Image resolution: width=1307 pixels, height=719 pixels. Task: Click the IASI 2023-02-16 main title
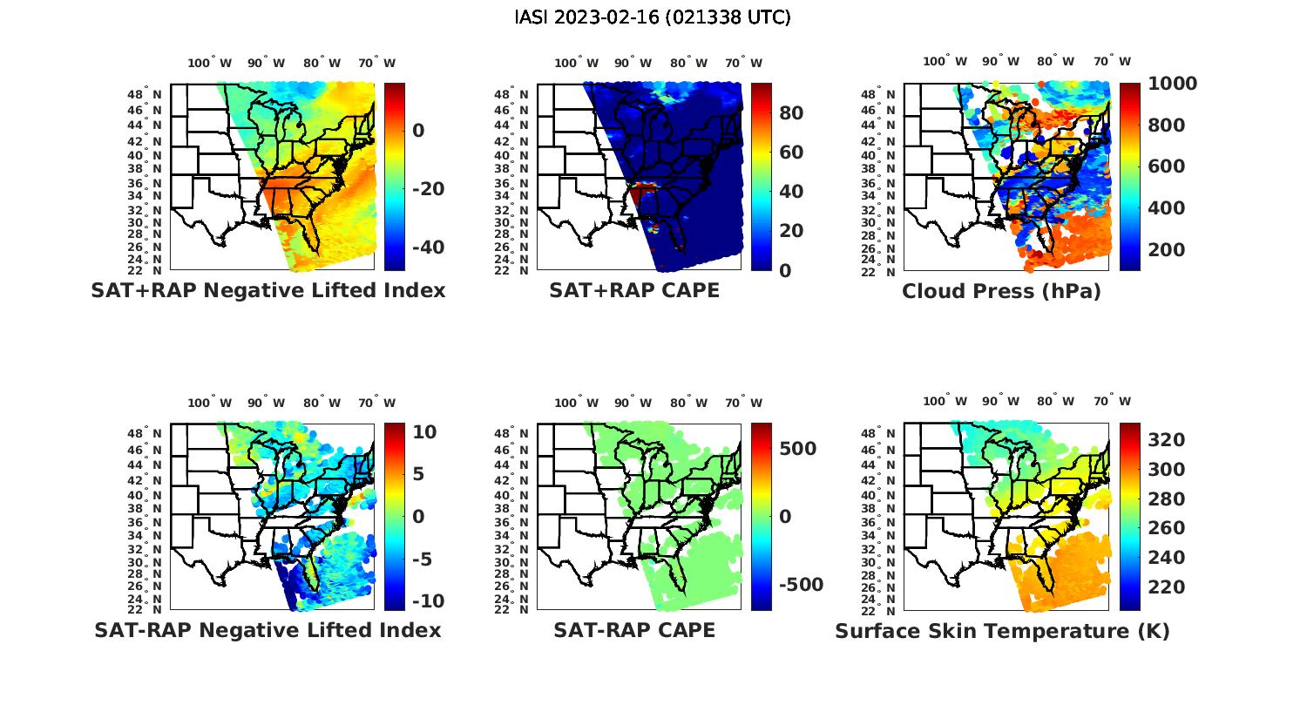point(653,17)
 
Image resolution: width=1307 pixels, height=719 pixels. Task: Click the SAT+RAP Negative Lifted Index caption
point(267,290)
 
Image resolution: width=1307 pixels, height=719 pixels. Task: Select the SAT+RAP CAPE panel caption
point(634,290)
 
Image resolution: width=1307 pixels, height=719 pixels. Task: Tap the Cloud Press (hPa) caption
point(1001,291)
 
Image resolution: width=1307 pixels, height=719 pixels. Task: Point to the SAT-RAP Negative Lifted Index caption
point(267,630)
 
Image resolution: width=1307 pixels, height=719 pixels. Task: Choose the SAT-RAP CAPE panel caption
point(634,630)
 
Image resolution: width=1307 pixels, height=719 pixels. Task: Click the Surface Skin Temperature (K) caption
point(1002,631)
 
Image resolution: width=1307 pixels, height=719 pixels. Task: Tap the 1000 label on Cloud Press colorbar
point(1172,84)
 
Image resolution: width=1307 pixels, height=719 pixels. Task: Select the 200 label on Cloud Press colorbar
point(1167,250)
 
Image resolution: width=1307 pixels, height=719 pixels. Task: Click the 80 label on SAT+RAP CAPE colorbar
point(791,113)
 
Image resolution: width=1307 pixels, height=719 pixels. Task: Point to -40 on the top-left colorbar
point(428,248)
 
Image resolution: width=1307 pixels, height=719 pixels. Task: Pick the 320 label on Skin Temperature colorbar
point(1167,440)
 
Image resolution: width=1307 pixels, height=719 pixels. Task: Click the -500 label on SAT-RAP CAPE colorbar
point(800,585)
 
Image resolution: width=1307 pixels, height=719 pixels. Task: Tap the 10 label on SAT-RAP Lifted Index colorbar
point(424,432)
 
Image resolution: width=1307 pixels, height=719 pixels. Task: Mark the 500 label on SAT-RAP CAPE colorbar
point(797,449)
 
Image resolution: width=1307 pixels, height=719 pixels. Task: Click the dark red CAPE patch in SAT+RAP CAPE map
point(643,193)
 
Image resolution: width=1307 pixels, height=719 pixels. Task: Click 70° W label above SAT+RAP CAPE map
point(743,63)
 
